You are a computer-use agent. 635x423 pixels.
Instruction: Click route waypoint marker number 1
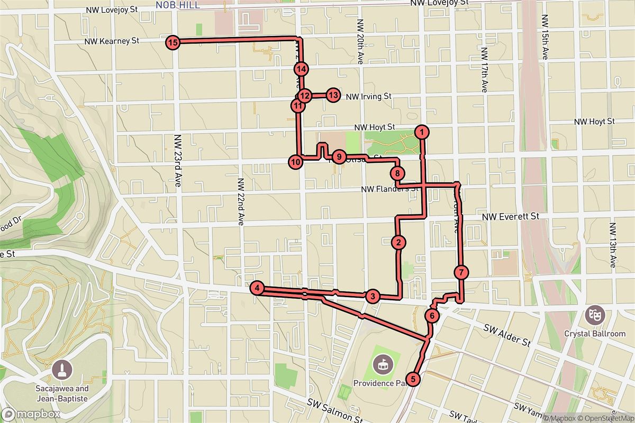(421, 131)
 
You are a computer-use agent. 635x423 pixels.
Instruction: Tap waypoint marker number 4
(257, 288)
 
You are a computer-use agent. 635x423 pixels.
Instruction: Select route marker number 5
(413, 379)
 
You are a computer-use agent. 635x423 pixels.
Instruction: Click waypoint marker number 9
(339, 157)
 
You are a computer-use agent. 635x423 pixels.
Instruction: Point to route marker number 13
(332, 96)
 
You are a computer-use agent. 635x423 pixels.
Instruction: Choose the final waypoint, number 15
(172, 42)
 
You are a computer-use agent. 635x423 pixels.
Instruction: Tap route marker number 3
(373, 296)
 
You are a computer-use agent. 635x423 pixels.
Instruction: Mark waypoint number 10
(295, 161)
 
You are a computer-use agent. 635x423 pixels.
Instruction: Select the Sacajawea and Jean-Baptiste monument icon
(63, 370)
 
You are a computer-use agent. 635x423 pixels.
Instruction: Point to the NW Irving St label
(368, 97)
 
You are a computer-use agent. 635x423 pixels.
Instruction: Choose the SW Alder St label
(507, 335)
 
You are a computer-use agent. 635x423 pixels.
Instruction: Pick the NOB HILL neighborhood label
(177, 5)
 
